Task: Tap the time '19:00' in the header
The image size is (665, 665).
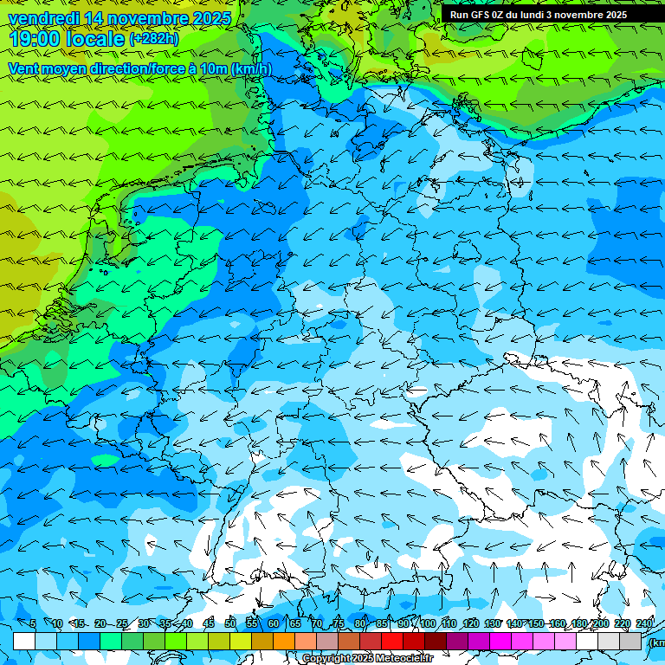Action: (34, 39)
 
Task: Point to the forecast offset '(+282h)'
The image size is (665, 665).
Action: (155, 39)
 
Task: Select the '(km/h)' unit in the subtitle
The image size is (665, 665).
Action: (252, 68)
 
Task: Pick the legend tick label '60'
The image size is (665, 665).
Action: (274, 623)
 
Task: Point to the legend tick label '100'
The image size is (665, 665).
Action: (427, 623)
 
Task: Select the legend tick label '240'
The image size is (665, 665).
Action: (644, 623)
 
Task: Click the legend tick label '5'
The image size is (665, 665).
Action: (33, 623)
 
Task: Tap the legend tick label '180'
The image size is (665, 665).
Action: (579, 623)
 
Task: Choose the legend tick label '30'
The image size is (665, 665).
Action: (143, 623)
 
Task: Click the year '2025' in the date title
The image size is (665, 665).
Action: (211, 18)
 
